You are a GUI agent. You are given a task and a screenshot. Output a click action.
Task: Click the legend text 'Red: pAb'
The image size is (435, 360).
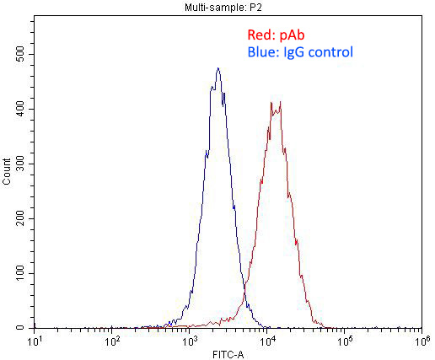pos(273,35)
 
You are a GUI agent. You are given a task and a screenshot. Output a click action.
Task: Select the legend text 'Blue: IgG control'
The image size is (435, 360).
pos(300,52)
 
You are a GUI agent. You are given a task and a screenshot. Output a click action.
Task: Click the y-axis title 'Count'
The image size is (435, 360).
pos(7,171)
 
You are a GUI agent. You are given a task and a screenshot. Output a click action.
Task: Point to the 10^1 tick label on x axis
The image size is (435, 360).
pos(35,341)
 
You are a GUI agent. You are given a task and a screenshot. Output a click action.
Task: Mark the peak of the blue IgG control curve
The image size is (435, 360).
pos(217,69)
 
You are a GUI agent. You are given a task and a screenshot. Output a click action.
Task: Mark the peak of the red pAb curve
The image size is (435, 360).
pos(279,102)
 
